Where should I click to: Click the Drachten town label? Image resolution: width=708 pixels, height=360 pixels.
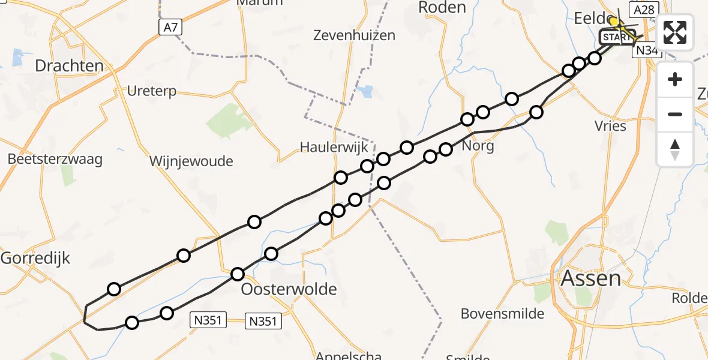point(70,65)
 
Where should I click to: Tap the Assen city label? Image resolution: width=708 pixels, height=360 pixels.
point(590,278)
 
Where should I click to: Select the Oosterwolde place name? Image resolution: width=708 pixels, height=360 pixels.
point(289,290)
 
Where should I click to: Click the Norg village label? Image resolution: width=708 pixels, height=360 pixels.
point(478,146)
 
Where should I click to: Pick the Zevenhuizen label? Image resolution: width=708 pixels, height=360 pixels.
point(354,35)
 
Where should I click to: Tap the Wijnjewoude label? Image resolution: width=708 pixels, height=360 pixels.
point(191,161)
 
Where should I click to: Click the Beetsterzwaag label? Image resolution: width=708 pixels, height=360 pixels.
point(55,160)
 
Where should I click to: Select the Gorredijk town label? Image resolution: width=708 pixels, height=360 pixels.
point(35,259)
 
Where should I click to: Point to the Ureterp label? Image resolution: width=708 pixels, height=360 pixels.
point(152,91)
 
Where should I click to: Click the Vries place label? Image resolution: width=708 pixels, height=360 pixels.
point(611,126)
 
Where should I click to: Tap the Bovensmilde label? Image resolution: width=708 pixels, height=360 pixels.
point(502,313)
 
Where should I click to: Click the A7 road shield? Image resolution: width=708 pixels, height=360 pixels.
point(170,27)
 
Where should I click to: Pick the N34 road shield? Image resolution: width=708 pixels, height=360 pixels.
point(647,50)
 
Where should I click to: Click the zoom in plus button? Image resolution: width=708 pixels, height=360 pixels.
point(675,79)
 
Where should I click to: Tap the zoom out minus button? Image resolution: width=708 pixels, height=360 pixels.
point(675,114)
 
